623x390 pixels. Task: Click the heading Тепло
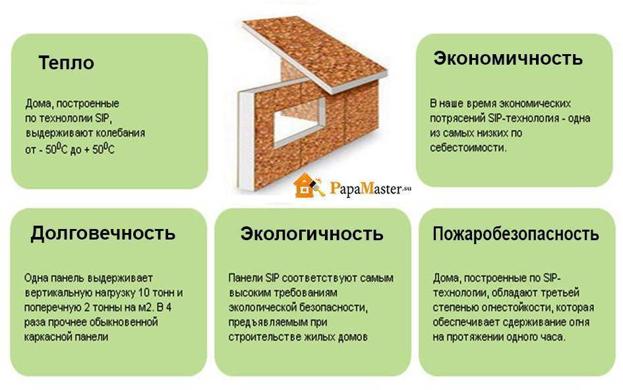(67, 63)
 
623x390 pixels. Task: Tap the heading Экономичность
(508, 59)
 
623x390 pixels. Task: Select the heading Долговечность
(103, 233)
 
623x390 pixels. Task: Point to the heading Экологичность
(312, 234)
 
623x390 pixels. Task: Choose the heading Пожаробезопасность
(516, 234)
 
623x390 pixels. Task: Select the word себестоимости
(468, 148)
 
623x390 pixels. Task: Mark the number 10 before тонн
(144, 293)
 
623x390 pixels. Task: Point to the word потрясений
(458, 119)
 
